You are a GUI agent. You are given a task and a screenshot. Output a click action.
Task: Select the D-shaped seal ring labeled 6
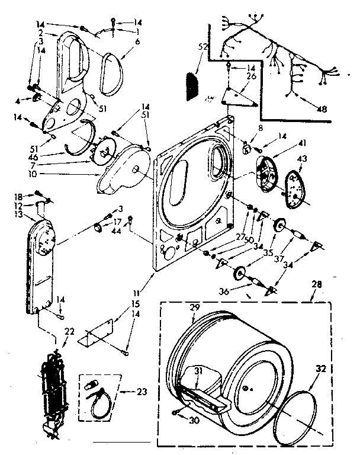click(x=110, y=72)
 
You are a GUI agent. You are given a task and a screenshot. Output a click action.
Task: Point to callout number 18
click(x=19, y=196)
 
